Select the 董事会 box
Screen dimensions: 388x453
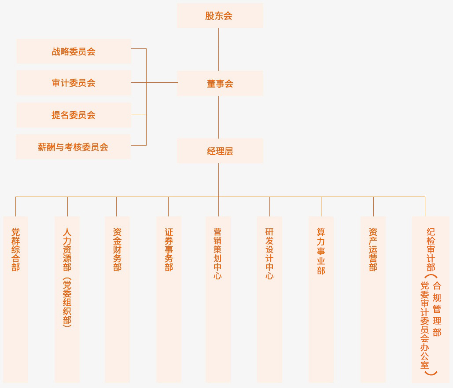pyautogui.click(x=220, y=84)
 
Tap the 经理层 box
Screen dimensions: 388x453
pyautogui.click(x=220, y=151)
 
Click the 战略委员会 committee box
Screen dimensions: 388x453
pyautogui.click(x=74, y=51)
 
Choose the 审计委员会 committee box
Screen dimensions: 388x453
pyautogui.click(x=74, y=83)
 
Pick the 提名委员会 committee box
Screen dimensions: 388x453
pyautogui.click(x=74, y=115)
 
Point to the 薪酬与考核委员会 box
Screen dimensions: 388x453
pyautogui.click(x=73, y=147)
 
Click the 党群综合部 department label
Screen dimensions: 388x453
pyautogui.click(x=15, y=249)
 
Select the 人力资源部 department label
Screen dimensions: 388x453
pyautogui.click(x=67, y=249)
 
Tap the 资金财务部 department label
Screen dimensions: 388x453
pyautogui.click(x=117, y=249)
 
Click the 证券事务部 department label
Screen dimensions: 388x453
pyautogui.click(x=169, y=249)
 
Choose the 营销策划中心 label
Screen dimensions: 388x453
pyautogui.click(x=217, y=253)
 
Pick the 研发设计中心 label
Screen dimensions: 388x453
pyautogui.click(x=269, y=253)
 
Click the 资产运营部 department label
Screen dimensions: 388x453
pyautogui.click(x=373, y=249)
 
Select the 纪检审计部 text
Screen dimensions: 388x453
pyautogui.click(x=431, y=249)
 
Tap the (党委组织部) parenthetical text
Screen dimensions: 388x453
pyautogui.click(x=67, y=302)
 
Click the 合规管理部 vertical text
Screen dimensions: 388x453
pyautogui.click(x=437, y=309)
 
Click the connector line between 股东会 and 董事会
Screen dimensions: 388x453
pyautogui.click(x=219, y=49)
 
